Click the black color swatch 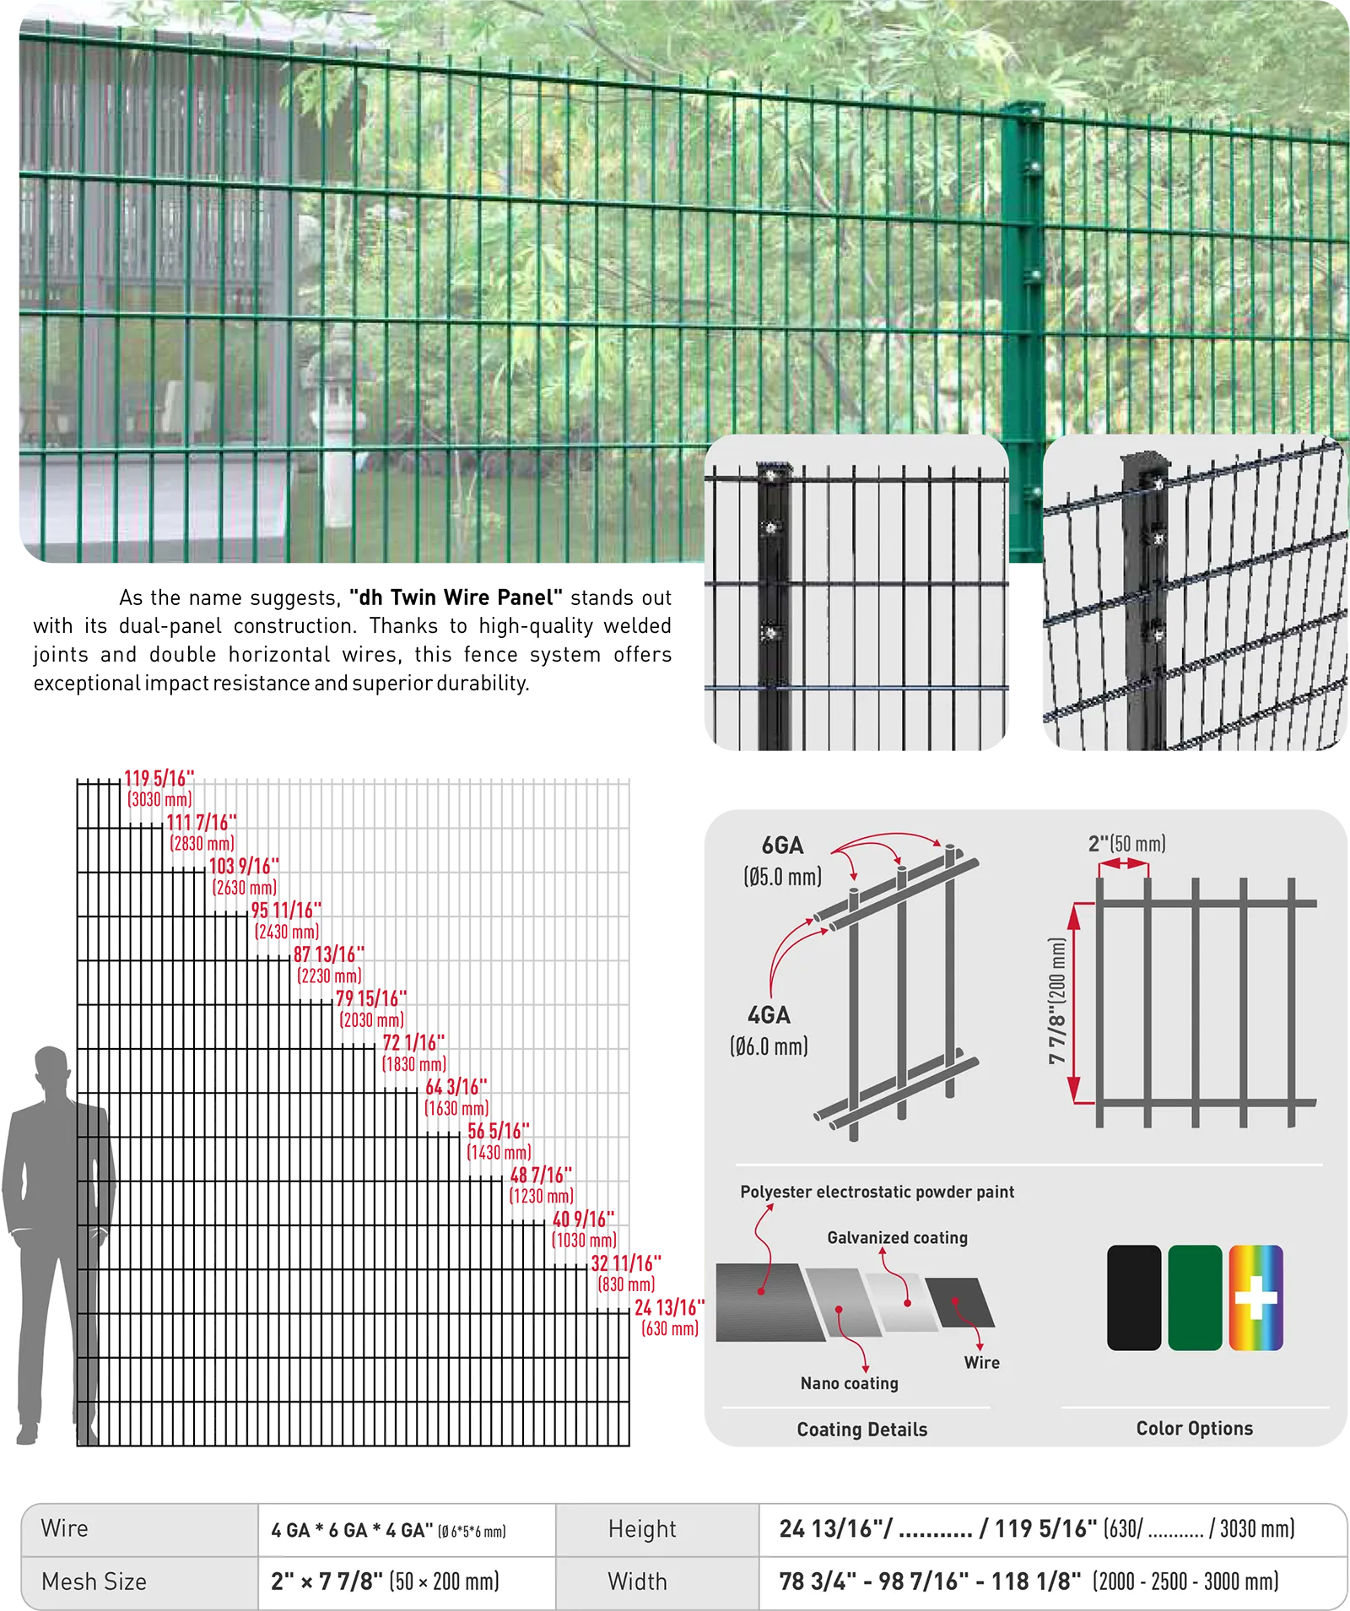[1134, 1297]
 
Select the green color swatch [1195, 1297]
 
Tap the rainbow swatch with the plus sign [1255, 1297]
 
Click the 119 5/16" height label [159, 778]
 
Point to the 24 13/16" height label [670, 1307]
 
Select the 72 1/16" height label [413, 1042]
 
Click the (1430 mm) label [499, 1152]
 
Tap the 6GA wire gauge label [782, 845]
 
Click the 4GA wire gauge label [769, 1014]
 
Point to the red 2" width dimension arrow [1124, 863]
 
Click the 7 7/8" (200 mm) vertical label [1057, 1001]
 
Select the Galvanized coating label [898, 1237]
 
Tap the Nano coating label [850, 1383]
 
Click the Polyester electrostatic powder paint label [877, 1192]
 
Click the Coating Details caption [862, 1429]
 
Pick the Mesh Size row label [94, 1581]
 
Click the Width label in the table [637, 1581]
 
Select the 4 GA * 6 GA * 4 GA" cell [389, 1530]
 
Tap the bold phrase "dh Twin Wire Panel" [456, 597]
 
